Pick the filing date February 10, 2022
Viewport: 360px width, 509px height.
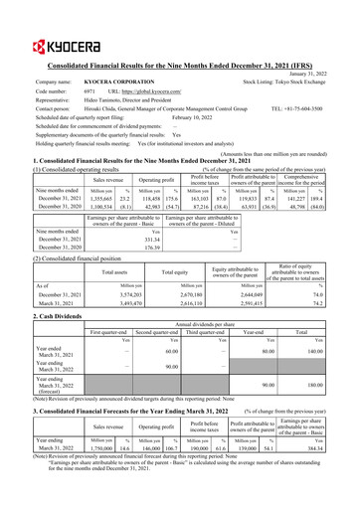pos(191,115)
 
